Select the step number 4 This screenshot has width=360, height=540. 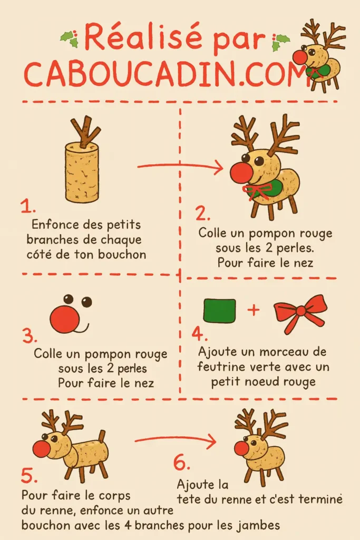click(x=198, y=334)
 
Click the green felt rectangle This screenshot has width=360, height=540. click(x=219, y=310)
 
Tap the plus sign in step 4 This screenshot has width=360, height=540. click(x=254, y=310)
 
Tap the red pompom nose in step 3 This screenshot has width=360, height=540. click(x=65, y=319)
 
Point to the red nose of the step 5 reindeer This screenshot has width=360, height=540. click(x=42, y=449)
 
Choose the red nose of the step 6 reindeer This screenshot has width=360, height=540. click(x=241, y=448)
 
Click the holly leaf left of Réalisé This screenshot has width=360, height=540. click(x=69, y=38)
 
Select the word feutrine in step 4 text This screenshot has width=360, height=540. click(x=221, y=367)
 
